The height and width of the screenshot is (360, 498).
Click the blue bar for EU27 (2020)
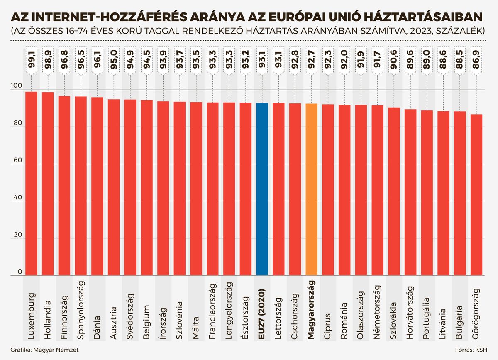pos(262,189)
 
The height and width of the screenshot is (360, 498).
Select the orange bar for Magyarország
pos(311,189)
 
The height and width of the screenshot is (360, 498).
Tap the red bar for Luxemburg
pos(32,183)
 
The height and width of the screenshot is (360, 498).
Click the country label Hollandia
pos(48,311)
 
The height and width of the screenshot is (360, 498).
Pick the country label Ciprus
pos(328,316)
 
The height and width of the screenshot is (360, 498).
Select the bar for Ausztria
pos(114,187)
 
